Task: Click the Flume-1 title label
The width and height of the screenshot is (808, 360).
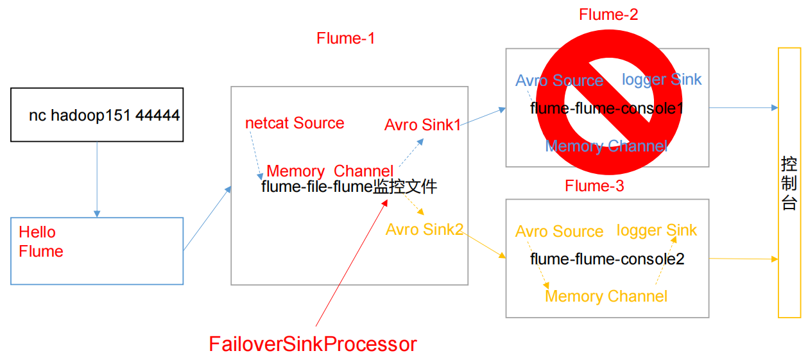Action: tap(345, 39)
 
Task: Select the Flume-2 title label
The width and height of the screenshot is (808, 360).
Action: tap(608, 15)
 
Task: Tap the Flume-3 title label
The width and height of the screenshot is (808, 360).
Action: tap(594, 186)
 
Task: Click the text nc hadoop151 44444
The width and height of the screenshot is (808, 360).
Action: tap(104, 116)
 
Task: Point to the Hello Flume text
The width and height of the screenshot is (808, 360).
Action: tap(41, 242)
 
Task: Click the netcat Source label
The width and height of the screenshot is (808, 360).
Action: tap(295, 123)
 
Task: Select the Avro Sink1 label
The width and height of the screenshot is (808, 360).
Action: tap(422, 125)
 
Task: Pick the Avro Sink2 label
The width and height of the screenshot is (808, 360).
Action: tap(424, 229)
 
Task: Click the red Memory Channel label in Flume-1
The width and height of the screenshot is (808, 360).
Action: tap(329, 171)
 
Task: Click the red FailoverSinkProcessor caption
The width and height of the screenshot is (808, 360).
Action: tap(313, 344)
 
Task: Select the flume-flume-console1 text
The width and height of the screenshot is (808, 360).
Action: tap(606, 108)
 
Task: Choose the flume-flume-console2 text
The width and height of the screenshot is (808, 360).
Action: tap(607, 259)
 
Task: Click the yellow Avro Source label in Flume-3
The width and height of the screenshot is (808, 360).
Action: tap(559, 232)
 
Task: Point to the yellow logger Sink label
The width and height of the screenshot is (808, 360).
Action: tap(656, 230)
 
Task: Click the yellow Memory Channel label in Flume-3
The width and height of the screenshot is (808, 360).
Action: tap(606, 296)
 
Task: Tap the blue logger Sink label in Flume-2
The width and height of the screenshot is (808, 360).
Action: tap(662, 80)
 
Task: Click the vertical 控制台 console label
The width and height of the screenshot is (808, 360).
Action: tap(789, 183)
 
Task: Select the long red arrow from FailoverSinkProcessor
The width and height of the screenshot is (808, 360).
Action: tap(352, 262)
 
